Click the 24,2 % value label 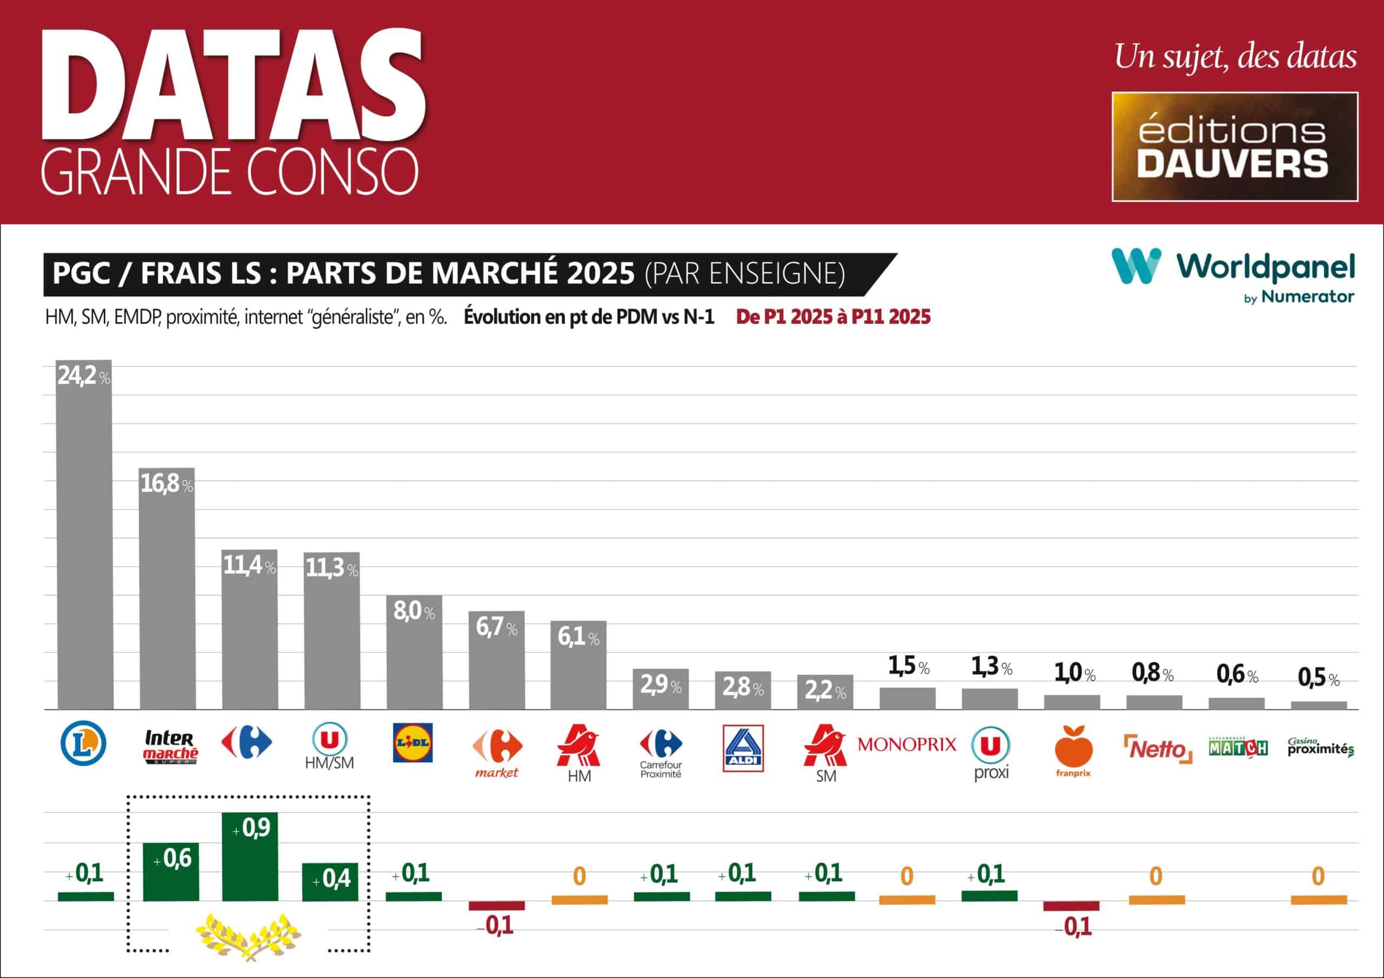pyautogui.click(x=83, y=376)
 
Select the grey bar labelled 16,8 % pyautogui.click(x=167, y=597)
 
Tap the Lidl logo pyautogui.click(x=412, y=742)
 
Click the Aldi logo pyautogui.click(x=743, y=748)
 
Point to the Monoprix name pyautogui.click(x=907, y=744)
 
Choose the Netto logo pyautogui.click(x=1157, y=749)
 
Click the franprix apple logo pyautogui.click(x=1073, y=747)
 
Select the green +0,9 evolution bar pyautogui.click(x=250, y=856)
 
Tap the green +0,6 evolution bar pyautogui.click(x=171, y=872)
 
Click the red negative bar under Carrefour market pyautogui.click(x=497, y=905)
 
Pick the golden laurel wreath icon pyautogui.click(x=248, y=936)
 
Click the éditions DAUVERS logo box pyautogui.click(x=1234, y=146)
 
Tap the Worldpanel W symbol pyautogui.click(x=1136, y=265)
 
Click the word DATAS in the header pyautogui.click(x=234, y=84)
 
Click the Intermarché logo pyautogui.click(x=171, y=747)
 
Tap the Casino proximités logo pyautogui.click(x=1320, y=747)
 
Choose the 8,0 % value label pyautogui.click(x=414, y=612)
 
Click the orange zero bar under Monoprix pyautogui.click(x=907, y=900)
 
